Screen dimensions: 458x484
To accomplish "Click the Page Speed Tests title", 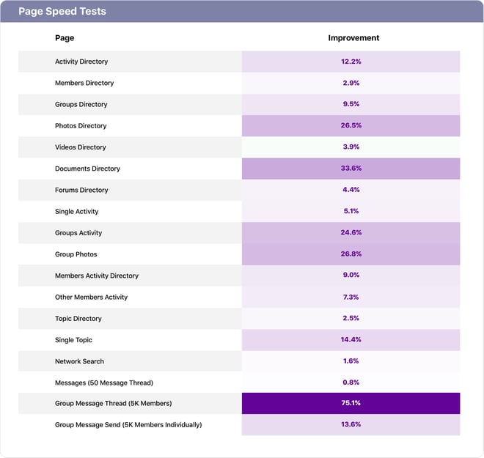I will (x=62, y=12).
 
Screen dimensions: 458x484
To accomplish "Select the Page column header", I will (x=65, y=38).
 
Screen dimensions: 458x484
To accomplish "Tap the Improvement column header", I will (x=353, y=38).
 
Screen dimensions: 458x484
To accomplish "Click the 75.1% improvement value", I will (x=351, y=404).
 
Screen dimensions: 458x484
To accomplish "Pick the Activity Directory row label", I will (x=81, y=62).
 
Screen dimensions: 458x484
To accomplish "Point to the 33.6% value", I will (x=351, y=169).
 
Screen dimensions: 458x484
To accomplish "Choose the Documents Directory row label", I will (x=87, y=169).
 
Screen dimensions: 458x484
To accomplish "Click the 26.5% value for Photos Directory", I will (x=351, y=126).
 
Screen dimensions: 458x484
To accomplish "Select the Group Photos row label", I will (x=76, y=254).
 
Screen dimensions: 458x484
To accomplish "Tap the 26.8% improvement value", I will (x=351, y=254).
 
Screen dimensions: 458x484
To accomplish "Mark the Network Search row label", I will (x=79, y=361).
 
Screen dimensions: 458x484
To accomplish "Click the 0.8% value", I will (x=351, y=383).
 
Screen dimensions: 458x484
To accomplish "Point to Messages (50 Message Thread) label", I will (x=104, y=383).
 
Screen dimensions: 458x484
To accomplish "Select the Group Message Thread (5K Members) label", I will (x=113, y=404).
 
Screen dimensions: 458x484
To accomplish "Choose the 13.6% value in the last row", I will (x=351, y=425).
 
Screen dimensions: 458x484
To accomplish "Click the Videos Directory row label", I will (x=81, y=147).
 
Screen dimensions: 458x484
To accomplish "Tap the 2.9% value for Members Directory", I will (x=351, y=83).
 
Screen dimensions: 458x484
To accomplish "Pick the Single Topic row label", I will (x=73, y=340).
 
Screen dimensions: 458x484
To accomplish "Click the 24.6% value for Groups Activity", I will (x=351, y=233).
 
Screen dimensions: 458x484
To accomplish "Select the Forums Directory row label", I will (x=81, y=190).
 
